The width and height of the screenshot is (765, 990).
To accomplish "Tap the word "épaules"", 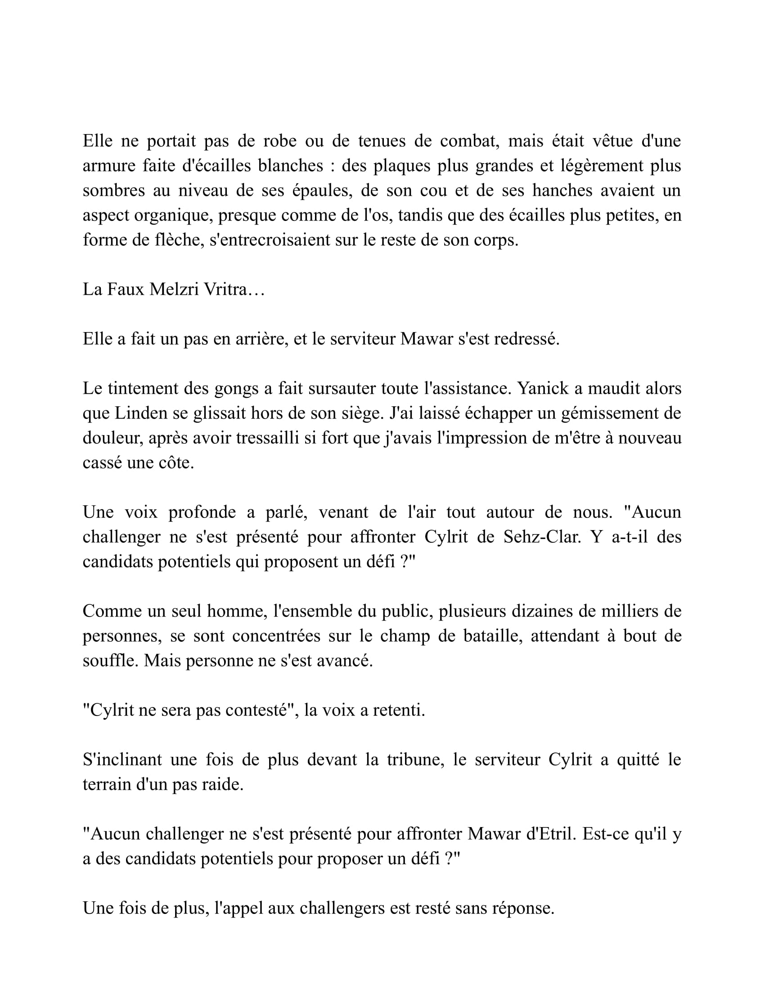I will (322, 190).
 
